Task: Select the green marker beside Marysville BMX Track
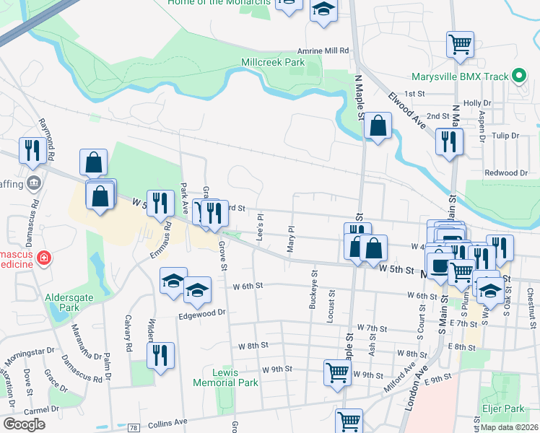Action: (x=518, y=76)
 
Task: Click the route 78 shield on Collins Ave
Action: (x=134, y=428)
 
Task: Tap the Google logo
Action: (x=24, y=424)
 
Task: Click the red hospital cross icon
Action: (x=43, y=258)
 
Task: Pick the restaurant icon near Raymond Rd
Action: (x=32, y=149)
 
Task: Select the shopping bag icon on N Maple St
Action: (x=377, y=126)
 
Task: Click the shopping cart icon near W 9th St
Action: (x=336, y=372)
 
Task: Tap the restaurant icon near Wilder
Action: (x=160, y=354)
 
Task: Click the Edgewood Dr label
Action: (x=202, y=312)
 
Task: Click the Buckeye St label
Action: (x=313, y=289)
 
